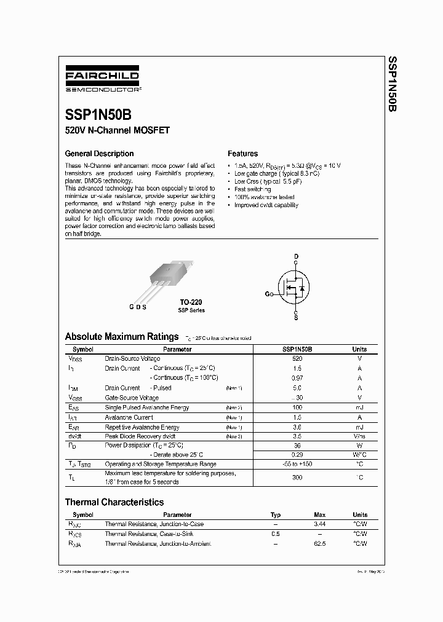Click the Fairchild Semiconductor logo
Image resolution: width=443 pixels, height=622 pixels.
[x=103, y=81]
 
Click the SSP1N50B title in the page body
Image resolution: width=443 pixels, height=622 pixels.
[x=97, y=115]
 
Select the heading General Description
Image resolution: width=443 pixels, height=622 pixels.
[x=99, y=154]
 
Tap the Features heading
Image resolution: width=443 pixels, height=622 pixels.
[x=242, y=154]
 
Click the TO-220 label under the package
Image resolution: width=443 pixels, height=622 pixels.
[x=191, y=302]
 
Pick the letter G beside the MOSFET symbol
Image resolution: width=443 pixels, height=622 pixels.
[x=268, y=294]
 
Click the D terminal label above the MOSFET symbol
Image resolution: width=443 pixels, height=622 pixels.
[x=296, y=256]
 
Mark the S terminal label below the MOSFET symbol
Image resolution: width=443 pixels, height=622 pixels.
[x=296, y=318]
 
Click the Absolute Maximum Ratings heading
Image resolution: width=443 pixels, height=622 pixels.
[x=122, y=337]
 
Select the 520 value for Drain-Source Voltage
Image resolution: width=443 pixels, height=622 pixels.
[x=297, y=358]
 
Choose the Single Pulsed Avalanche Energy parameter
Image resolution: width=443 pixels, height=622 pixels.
[x=146, y=407]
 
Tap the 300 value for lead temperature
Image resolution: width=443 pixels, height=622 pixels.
[x=297, y=477]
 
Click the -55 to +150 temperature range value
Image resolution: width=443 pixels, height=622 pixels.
[x=297, y=464]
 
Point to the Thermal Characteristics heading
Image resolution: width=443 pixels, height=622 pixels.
[x=114, y=502]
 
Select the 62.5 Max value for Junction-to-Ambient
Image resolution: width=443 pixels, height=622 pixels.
[x=319, y=544]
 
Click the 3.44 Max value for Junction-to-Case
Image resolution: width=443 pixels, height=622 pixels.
[x=319, y=524]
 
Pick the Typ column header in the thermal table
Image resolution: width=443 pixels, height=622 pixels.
[x=275, y=514]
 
